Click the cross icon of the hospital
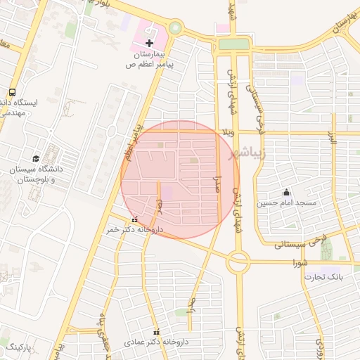(x=149, y=44)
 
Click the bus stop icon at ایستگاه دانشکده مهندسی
(x=12, y=92)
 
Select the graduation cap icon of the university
(x=36, y=157)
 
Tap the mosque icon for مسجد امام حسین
(x=286, y=192)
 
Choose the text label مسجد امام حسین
(x=286, y=203)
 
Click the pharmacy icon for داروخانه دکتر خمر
(x=135, y=219)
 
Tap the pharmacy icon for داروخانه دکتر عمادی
(x=156, y=332)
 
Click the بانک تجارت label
(x=323, y=277)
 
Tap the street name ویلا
(x=226, y=132)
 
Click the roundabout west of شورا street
(x=238, y=263)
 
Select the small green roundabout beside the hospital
(x=174, y=28)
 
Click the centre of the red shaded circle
(x=181, y=179)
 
